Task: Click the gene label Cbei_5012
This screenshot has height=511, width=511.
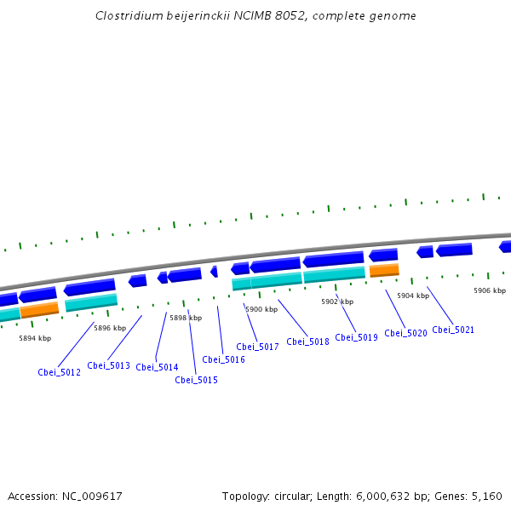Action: [x=59, y=372]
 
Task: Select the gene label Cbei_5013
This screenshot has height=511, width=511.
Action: [x=108, y=365]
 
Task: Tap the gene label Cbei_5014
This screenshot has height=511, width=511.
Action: [x=157, y=367]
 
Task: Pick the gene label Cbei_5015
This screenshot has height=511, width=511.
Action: [x=196, y=380]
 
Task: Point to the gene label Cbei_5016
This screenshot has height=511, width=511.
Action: [x=223, y=359]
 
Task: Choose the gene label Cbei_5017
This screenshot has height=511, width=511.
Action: [x=257, y=347]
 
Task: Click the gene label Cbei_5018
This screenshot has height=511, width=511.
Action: [x=307, y=342]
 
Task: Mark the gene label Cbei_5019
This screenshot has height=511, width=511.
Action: [x=356, y=337]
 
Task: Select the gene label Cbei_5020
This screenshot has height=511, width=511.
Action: [x=405, y=333]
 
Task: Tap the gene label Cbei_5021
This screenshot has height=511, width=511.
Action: [x=453, y=330]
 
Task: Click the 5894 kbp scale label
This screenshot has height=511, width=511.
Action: [x=35, y=338]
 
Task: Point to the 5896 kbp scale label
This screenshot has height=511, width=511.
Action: [x=110, y=328]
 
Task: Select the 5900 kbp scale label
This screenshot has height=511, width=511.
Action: [x=261, y=309]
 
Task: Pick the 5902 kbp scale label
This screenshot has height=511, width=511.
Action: [x=337, y=301]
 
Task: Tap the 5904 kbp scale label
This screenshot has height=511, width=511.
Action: [x=413, y=296]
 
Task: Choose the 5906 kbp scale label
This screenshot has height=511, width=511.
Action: [x=490, y=290]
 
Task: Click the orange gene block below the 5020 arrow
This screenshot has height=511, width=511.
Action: [x=384, y=270]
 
